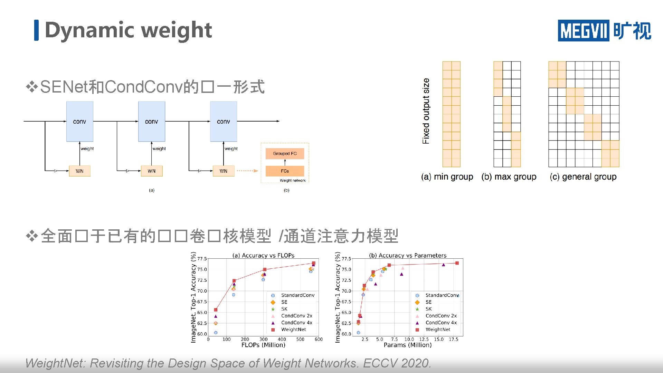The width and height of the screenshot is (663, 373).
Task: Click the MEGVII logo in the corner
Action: point(604,31)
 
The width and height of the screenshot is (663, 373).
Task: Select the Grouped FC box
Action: point(285,153)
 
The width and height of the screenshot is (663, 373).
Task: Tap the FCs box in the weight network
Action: point(285,171)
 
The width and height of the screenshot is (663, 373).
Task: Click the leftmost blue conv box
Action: point(79,122)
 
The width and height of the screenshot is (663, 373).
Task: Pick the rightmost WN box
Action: point(224,171)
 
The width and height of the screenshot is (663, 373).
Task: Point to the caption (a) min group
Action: point(447,177)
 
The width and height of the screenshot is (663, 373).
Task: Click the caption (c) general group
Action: point(583,177)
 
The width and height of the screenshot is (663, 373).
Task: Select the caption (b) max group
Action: point(509,177)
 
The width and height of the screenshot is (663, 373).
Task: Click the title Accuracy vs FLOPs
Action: point(264,256)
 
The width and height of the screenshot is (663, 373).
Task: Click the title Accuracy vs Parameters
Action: point(408,256)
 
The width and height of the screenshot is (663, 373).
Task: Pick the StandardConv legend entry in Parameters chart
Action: point(442,295)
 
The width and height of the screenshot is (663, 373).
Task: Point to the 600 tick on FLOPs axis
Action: point(319,339)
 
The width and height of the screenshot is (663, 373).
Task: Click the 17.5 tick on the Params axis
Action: point(453,339)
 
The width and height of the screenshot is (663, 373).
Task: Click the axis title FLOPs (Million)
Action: point(263,345)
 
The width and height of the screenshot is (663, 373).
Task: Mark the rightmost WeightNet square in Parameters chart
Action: point(457,263)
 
